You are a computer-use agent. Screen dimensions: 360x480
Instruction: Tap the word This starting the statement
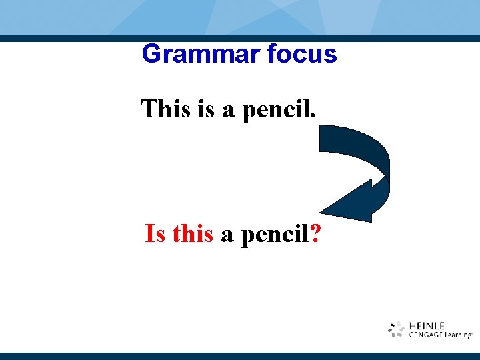tap(166, 109)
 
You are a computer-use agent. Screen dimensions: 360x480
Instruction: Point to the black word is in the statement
tap(206, 109)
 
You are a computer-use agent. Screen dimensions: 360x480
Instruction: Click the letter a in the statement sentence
tap(228, 110)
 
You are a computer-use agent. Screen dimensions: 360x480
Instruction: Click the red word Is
tap(155, 235)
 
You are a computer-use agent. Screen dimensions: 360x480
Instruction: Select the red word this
tap(193, 235)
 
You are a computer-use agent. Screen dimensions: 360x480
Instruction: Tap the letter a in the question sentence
tap(227, 236)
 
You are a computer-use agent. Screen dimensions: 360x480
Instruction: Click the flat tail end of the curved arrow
tap(322, 139)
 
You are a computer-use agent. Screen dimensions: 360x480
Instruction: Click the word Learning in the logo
tap(458, 335)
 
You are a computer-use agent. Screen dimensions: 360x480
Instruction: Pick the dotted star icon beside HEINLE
tap(397, 329)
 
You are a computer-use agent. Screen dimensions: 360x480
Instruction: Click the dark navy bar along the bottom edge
tap(240, 356)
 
